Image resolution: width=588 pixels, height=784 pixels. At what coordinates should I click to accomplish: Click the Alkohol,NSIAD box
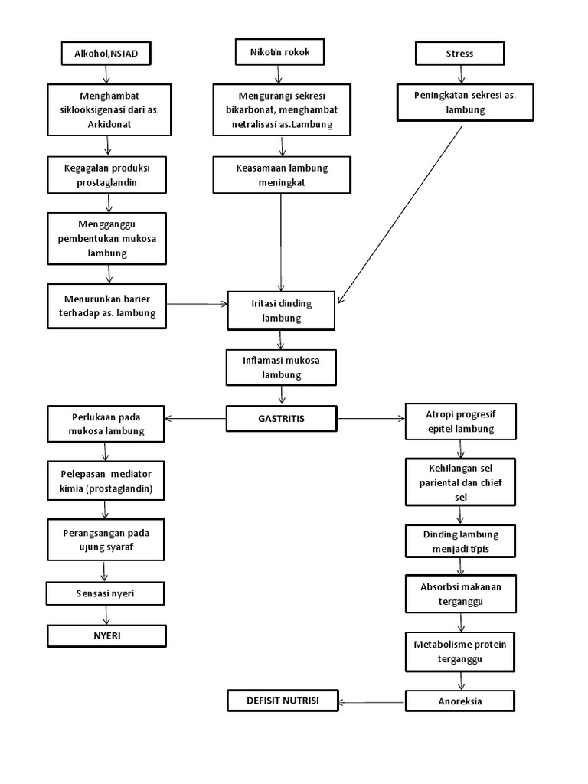point(106,53)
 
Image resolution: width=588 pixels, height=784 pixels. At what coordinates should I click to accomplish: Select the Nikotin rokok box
point(279,52)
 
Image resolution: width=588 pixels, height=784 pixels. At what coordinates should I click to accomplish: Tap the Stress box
point(459,54)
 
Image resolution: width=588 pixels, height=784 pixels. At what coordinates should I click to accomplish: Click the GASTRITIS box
point(282,418)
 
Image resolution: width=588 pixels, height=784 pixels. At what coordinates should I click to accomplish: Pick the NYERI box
point(106,635)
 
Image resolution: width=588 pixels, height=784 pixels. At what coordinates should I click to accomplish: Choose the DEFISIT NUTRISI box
point(283,700)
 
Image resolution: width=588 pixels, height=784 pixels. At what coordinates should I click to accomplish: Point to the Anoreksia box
point(460,701)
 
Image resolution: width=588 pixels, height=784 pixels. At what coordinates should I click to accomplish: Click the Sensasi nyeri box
point(106,593)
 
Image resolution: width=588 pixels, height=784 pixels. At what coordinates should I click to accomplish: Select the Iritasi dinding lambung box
point(282,310)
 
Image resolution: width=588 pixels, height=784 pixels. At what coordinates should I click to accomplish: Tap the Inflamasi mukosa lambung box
point(282,367)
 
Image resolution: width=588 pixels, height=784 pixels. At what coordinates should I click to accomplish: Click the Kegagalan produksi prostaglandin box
point(106,175)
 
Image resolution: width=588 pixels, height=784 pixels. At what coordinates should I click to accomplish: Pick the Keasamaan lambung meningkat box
point(282,175)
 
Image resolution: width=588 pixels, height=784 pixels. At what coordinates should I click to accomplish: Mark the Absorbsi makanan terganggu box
point(461,594)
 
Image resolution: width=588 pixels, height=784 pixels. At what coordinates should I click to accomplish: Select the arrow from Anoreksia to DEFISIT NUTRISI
point(373,701)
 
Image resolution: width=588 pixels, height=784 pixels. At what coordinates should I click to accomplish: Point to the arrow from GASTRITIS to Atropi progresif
point(371,418)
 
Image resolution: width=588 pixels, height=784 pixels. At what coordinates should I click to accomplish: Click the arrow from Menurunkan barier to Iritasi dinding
point(198,304)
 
